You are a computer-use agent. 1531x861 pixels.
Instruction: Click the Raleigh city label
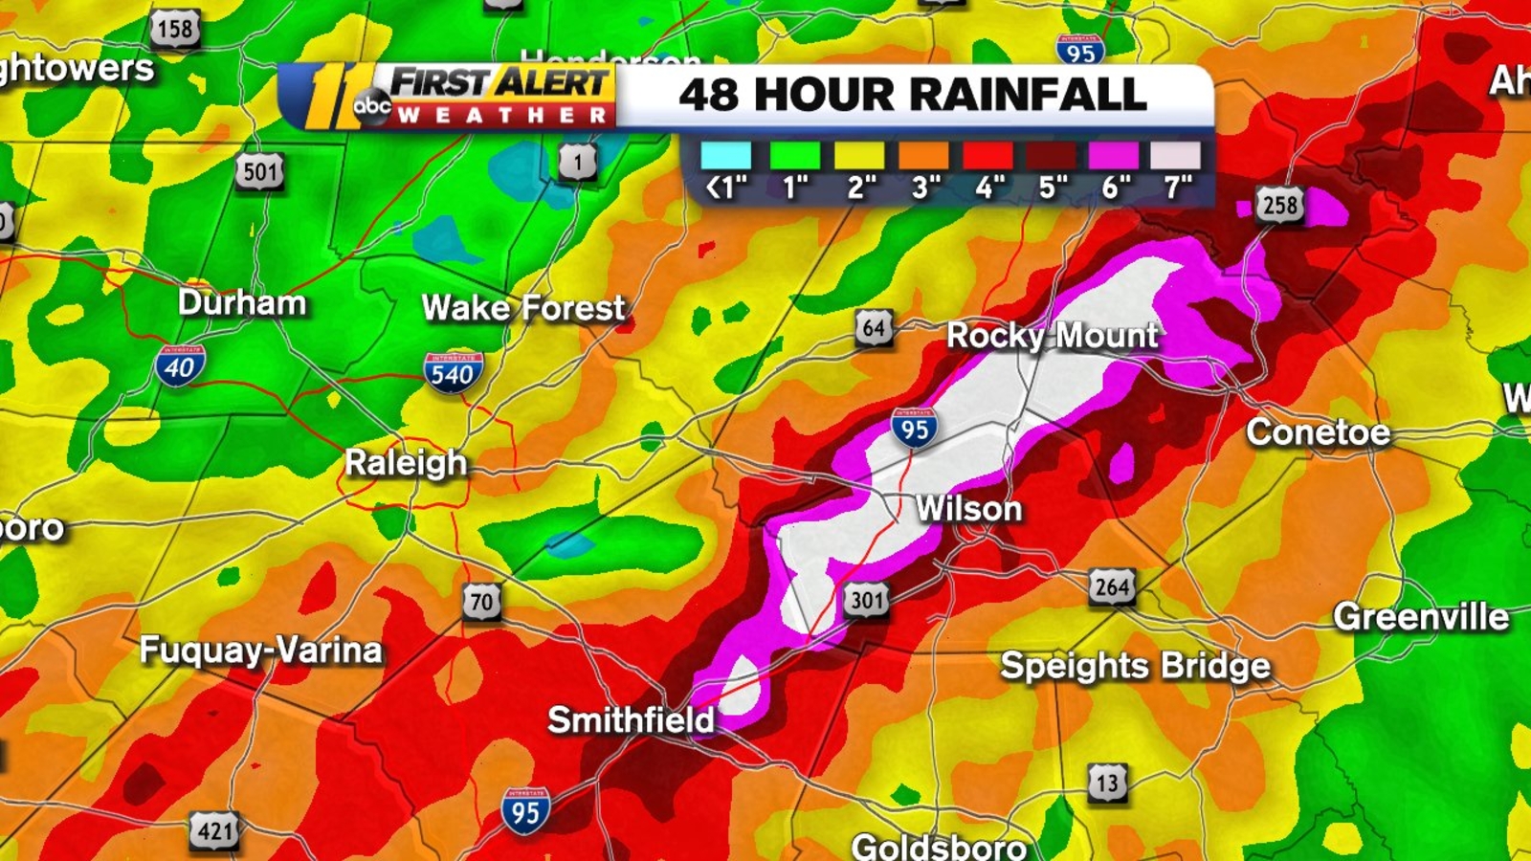[406, 463]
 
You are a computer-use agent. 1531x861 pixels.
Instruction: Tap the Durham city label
[242, 303]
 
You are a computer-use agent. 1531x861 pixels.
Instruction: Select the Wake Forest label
[523, 308]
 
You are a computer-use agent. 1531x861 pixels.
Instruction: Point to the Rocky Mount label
[1052, 336]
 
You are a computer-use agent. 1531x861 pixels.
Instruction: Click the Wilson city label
[968, 509]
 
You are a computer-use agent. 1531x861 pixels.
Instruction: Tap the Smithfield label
[631, 720]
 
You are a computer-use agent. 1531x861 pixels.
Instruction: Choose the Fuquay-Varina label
[261, 651]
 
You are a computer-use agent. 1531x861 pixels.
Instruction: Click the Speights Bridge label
[1135, 666]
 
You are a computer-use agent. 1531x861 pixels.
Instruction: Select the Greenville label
[1421, 617]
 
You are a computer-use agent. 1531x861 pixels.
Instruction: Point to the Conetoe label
[1318, 432]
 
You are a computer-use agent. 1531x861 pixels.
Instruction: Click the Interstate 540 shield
[453, 372]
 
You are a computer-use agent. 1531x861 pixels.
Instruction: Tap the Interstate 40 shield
[180, 365]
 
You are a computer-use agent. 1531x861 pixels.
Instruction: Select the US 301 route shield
[866, 601]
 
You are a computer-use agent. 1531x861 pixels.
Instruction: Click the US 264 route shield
[1112, 586]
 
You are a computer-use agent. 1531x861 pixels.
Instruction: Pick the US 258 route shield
[1280, 205]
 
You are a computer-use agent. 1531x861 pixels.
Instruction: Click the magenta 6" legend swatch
[1113, 156]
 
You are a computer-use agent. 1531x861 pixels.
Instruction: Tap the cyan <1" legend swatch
[726, 156]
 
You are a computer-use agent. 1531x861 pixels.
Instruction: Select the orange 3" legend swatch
[923, 156]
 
